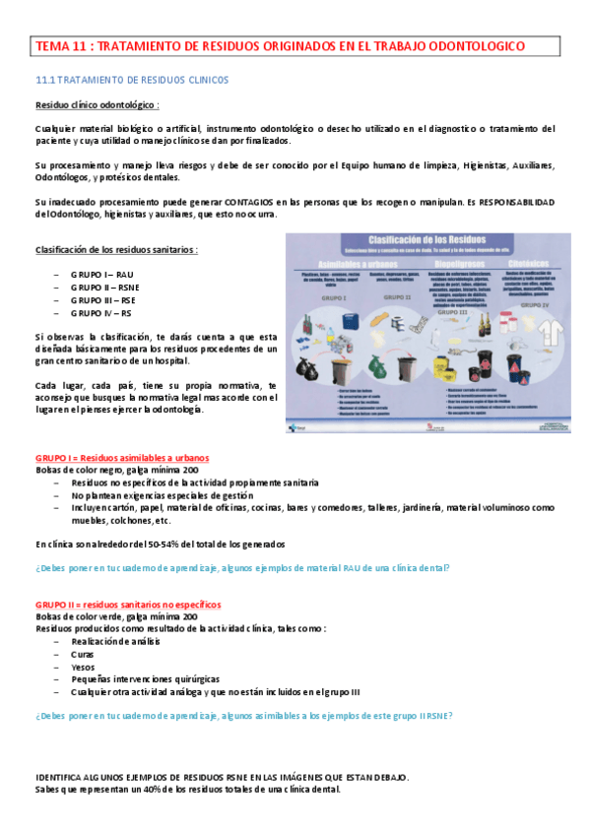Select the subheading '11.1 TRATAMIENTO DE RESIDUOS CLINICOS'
[132, 79]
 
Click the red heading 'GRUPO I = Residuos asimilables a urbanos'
[121, 459]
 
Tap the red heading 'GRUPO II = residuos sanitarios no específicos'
[128, 604]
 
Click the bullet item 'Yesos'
[83, 667]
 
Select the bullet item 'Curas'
[83, 654]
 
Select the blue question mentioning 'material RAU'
[242, 568]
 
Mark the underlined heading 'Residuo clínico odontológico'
[97, 104]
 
